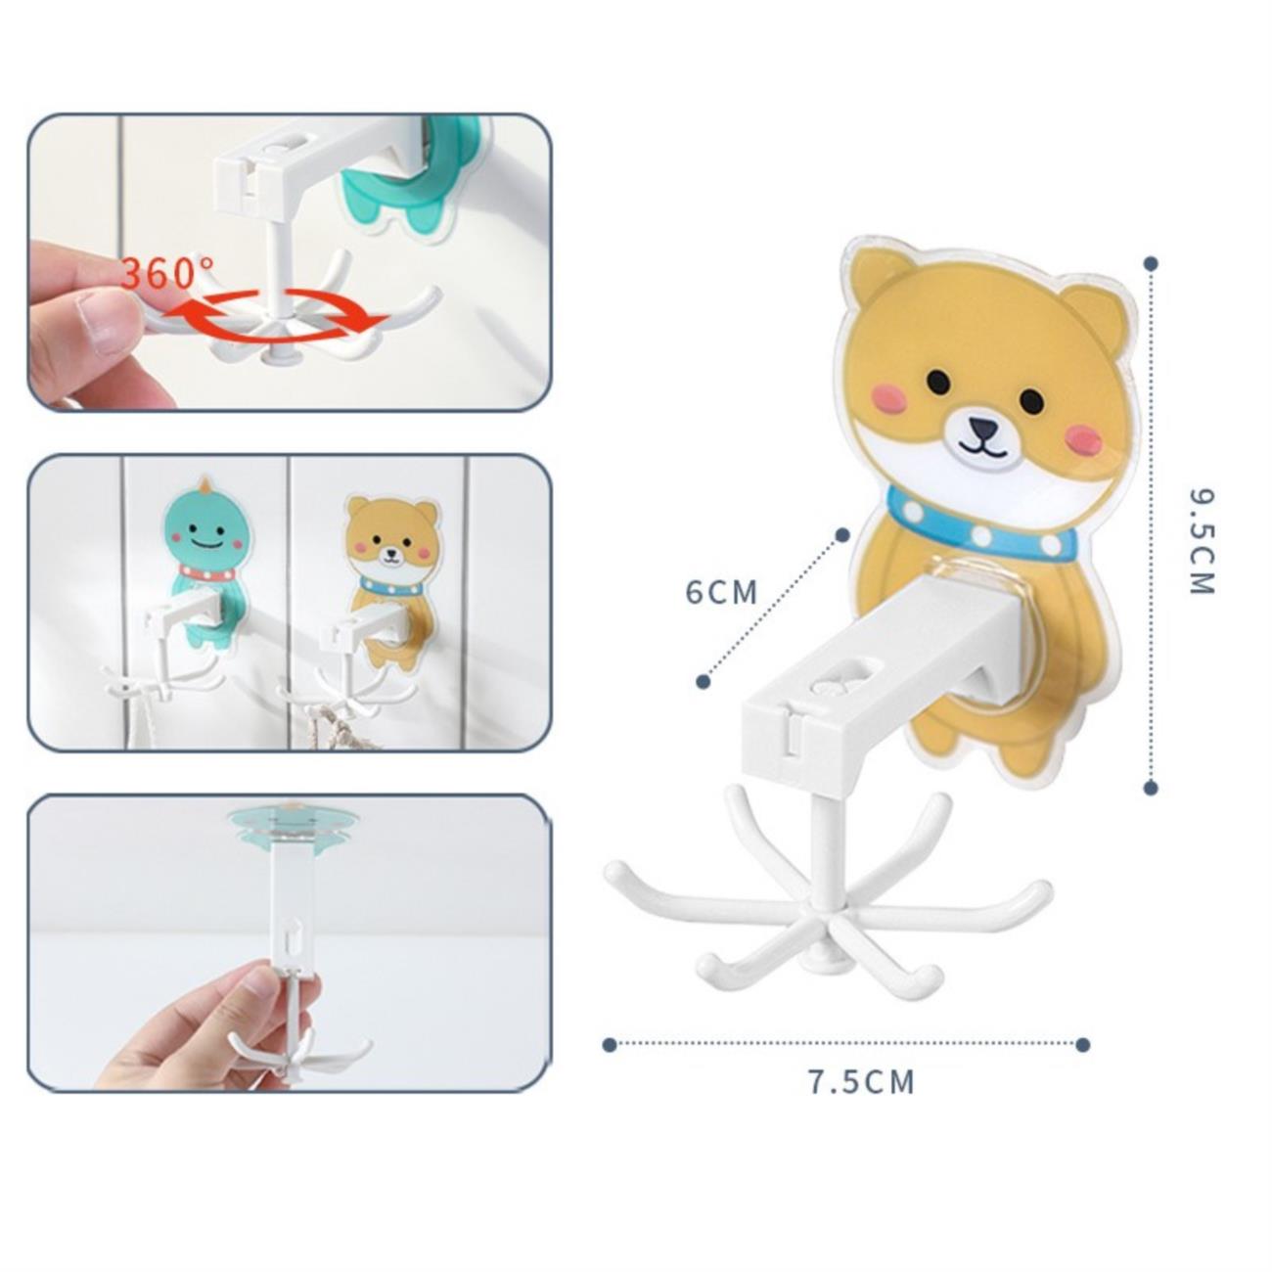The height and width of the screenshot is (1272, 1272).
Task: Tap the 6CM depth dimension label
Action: [x=721, y=592]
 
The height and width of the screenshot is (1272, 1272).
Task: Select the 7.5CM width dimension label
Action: [x=862, y=1101]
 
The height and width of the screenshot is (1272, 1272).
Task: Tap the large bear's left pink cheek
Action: [x=888, y=398]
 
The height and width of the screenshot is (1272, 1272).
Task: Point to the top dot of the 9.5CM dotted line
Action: [x=1152, y=263]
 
